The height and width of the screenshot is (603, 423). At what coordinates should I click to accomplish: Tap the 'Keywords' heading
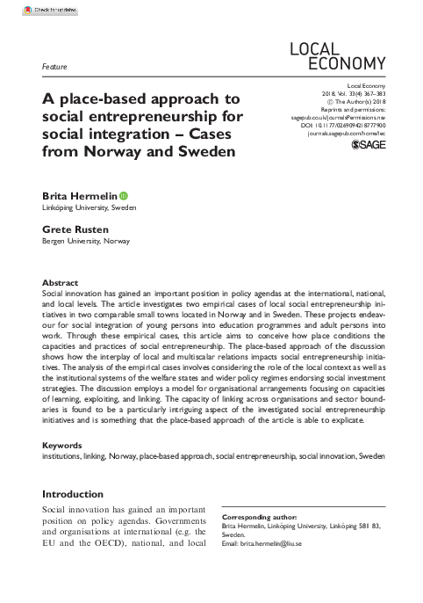[x=64, y=446]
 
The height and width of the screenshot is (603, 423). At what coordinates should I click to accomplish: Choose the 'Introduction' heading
[x=73, y=494]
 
